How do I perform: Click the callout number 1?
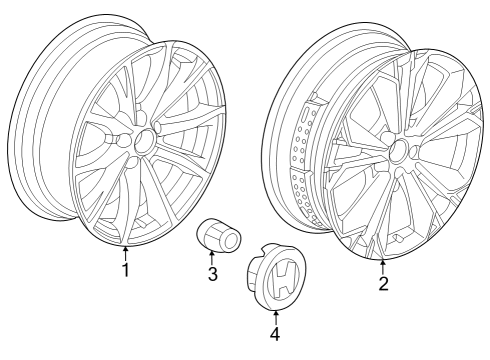click(x=125, y=270)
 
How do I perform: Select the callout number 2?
click(x=382, y=284)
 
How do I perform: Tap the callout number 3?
click(x=212, y=274)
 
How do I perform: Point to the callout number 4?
click(x=276, y=331)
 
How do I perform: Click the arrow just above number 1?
click(x=125, y=252)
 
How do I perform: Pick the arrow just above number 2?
click(x=382, y=266)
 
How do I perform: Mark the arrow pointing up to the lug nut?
click(x=212, y=257)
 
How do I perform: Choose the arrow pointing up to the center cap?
click(x=276, y=313)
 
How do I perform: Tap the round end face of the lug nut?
click(x=230, y=241)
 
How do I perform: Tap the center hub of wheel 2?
click(x=399, y=151)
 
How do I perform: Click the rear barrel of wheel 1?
click(x=45, y=130)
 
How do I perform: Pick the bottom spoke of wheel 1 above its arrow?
click(x=125, y=215)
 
